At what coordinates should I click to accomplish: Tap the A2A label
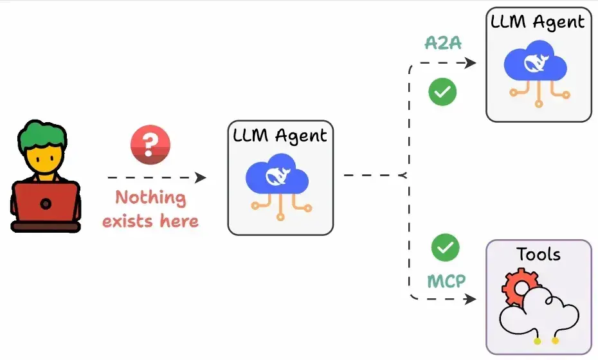point(444,43)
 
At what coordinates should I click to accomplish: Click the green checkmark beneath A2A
point(442,92)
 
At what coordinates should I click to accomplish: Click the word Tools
point(538,255)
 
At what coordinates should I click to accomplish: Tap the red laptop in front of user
point(45,203)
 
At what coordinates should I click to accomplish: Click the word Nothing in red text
point(150,197)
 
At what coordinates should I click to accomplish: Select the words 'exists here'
point(150,221)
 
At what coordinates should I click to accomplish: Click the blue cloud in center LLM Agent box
point(281,174)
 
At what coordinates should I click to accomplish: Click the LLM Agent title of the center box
point(280,135)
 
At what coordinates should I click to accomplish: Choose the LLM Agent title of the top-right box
point(538,22)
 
